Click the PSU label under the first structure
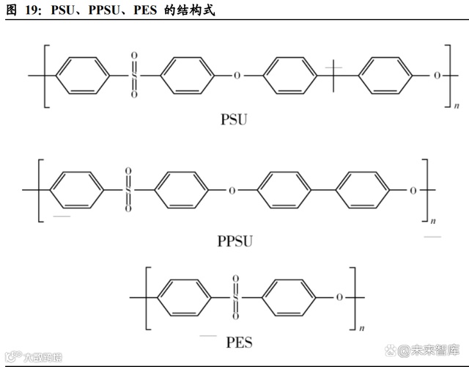(234, 119)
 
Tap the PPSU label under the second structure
(235, 239)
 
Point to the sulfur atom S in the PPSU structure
(128, 191)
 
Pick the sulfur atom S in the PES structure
(235, 298)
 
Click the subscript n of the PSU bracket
(457, 107)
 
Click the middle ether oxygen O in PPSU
(232, 191)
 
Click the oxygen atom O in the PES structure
(339, 298)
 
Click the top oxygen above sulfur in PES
(235, 280)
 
